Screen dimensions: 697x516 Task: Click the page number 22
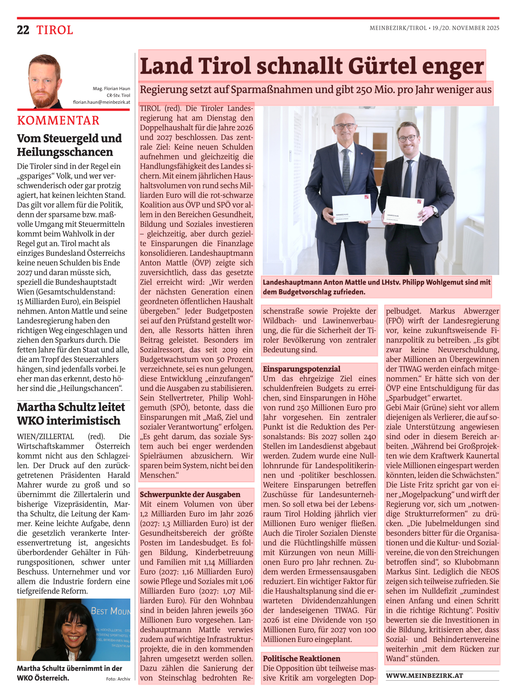click(23, 30)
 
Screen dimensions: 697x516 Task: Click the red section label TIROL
click(55, 30)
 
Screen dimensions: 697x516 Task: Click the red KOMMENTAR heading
click(58, 121)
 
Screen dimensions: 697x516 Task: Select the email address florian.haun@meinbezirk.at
click(102, 102)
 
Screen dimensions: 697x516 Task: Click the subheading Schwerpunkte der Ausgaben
click(190, 494)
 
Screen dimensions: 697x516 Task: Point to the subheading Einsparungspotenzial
click(302, 369)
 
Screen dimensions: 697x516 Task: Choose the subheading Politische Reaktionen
click(302, 659)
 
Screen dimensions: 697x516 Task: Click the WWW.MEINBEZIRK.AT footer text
click(424, 676)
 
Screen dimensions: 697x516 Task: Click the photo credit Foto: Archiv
click(118, 679)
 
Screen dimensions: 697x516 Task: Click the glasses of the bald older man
click(344, 127)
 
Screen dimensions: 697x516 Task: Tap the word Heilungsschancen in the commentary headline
click(65, 152)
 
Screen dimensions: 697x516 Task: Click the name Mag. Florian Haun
click(111, 89)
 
